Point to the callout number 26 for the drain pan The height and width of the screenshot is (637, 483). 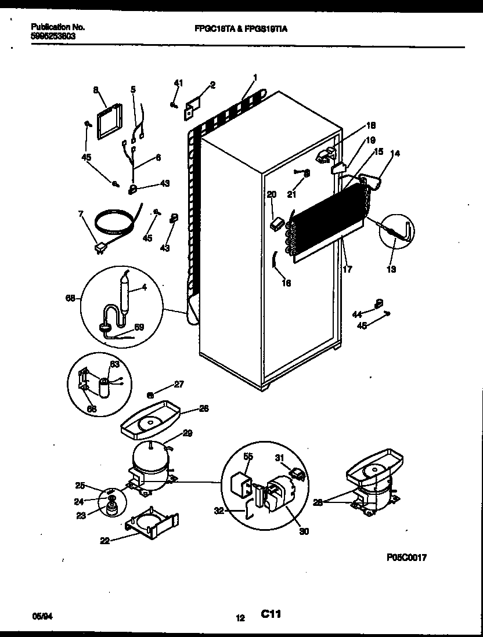[204, 408]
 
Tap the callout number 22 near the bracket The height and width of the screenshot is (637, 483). [105, 540]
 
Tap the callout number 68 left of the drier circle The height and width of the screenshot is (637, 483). [70, 298]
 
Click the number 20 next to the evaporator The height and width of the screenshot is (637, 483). [271, 195]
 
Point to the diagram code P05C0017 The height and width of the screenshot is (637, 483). [406, 558]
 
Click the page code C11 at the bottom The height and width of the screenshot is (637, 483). [271, 614]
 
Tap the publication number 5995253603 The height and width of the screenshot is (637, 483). [53, 35]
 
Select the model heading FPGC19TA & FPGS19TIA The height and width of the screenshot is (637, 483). [241, 27]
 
